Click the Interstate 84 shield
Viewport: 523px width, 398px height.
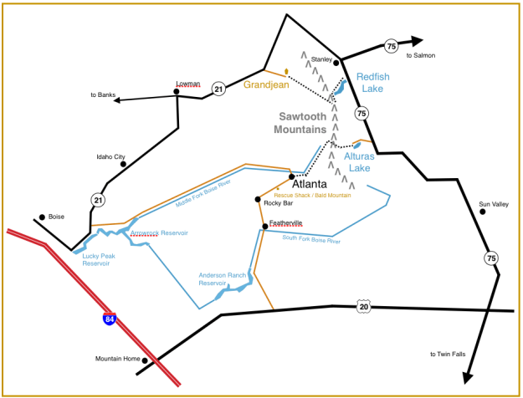pyautogui.click(x=110, y=319)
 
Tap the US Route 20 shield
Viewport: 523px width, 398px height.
pyautogui.click(x=362, y=307)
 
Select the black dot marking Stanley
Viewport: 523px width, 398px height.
pyautogui.click(x=336, y=63)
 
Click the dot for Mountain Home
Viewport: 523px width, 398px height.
pyautogui.click(x=145, y=360)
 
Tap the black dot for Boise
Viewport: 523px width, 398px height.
pyautogui.click(x=41, y=215)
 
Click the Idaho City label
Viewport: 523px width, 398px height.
pyautogui.click(x=110, y=156)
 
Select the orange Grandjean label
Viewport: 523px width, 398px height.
pyautogui.click(x=267, y=84)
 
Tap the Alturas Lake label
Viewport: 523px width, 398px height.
pyautogui.click(x=359, y=161)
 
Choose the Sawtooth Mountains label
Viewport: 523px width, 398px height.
pyautogui.click(x=300, y=123)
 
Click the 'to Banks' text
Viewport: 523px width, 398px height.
pyautogui.click(x=102, y=95)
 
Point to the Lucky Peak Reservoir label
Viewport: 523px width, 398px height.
pyautogui.click(x=96, y=259)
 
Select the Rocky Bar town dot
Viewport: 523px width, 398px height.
pyautogui.click(x=258, y=198)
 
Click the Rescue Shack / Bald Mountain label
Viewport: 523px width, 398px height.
pyautogui.click(x=312, y=195)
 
